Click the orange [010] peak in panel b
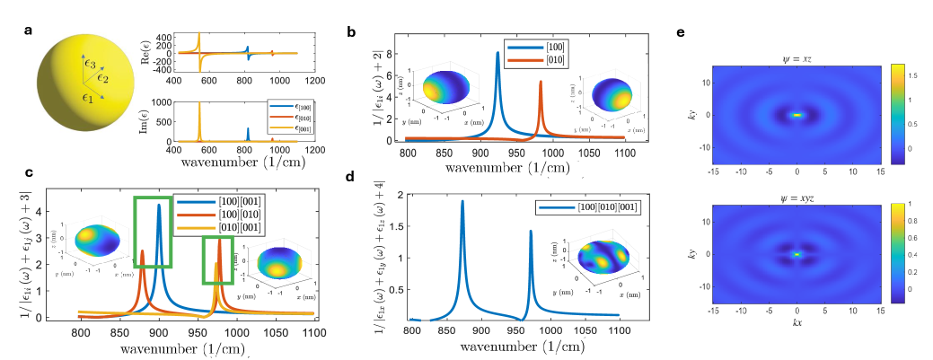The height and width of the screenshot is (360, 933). click(541, 83)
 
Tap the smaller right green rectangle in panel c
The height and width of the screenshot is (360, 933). click(218, 268)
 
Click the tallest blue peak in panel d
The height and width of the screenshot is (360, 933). click(462, 202)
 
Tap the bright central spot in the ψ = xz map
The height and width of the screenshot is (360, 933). click(797, 115)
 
